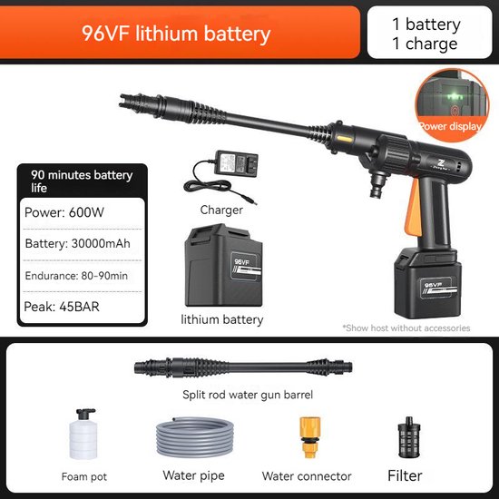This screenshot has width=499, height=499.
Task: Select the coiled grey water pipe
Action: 195,437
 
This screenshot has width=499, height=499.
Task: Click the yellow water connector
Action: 310,437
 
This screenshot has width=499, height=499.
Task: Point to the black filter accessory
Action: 409,436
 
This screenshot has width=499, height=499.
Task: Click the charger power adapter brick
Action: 237,163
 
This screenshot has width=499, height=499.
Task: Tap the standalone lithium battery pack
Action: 224,265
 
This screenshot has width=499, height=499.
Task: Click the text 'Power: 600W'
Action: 64,212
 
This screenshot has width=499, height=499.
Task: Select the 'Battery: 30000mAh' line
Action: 78,243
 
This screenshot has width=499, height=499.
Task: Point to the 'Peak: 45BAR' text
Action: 62,307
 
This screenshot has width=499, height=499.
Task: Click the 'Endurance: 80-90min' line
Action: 76,276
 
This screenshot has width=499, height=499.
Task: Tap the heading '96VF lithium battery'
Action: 176,34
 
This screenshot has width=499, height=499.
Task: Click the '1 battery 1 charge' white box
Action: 429,32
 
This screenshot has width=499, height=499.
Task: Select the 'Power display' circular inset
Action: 452,105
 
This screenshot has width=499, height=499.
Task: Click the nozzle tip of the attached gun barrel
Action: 122,100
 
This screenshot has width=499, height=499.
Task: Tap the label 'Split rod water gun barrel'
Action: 248,395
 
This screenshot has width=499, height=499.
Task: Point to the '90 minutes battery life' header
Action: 82,181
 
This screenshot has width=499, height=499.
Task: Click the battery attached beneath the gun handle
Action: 427,282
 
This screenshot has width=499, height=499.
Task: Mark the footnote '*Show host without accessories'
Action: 406,328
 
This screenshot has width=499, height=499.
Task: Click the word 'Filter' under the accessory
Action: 405,475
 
